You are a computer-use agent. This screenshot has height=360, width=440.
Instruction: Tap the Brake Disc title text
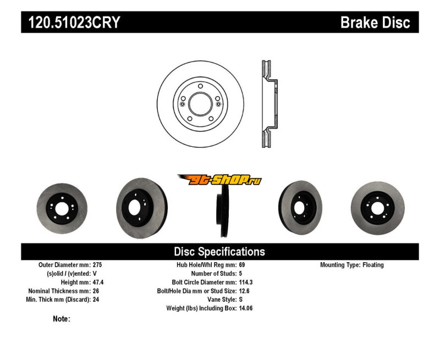375,23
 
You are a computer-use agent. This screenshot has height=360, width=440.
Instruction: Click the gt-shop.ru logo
219,180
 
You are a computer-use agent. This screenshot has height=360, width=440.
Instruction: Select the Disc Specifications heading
219,252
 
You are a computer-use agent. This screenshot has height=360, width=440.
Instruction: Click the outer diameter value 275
98,265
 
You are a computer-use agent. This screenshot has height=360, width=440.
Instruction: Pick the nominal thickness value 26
96,291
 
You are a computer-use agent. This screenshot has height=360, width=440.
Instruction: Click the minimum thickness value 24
96,300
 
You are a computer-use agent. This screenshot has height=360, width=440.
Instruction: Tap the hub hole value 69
243,265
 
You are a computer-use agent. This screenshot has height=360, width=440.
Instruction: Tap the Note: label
61,319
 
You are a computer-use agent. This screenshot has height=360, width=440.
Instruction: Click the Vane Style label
219,300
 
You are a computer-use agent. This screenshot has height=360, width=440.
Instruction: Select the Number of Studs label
214,273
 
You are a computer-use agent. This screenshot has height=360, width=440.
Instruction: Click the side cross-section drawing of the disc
268,103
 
